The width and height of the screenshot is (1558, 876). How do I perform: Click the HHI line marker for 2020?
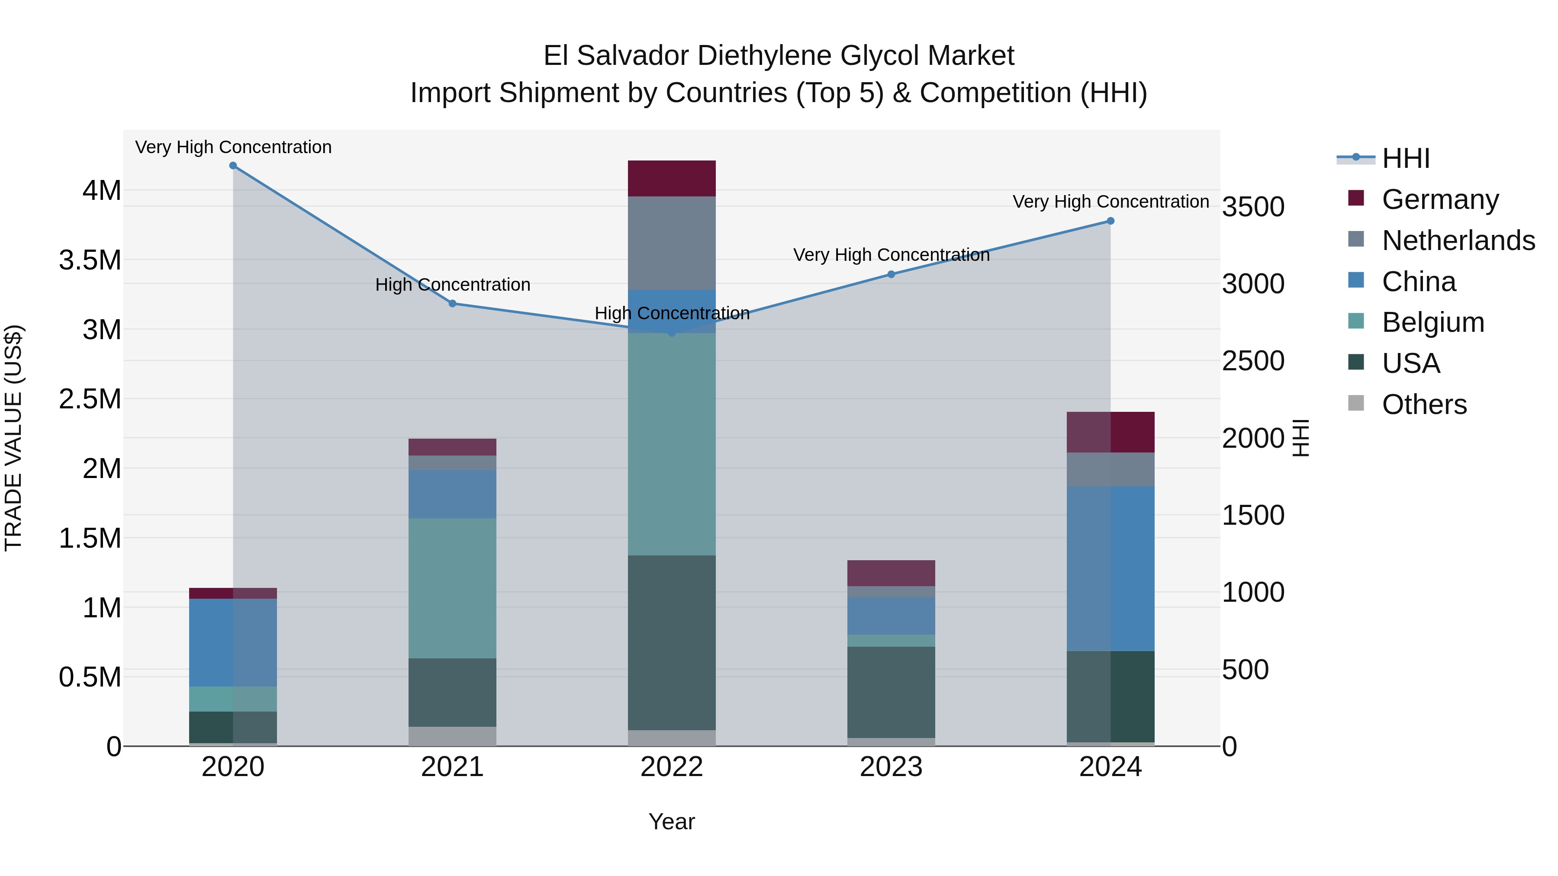point(233,166)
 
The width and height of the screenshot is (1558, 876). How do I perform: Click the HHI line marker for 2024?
point(1111,221)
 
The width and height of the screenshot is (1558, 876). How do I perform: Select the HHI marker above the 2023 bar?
point(891,274)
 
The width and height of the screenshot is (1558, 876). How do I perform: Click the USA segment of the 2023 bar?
point(891,692)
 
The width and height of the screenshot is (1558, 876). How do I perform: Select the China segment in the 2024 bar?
point(1111,568)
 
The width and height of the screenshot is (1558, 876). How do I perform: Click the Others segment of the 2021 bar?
point(452,736)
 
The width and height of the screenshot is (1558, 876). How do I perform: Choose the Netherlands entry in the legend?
point(1458,241)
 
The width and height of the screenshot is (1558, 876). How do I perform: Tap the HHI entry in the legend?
point(1406,158)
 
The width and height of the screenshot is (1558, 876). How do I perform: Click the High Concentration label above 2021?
point(452,285)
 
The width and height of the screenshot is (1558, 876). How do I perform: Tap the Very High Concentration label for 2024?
point(1111,202)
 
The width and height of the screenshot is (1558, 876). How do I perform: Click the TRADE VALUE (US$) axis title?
point(14,438)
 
